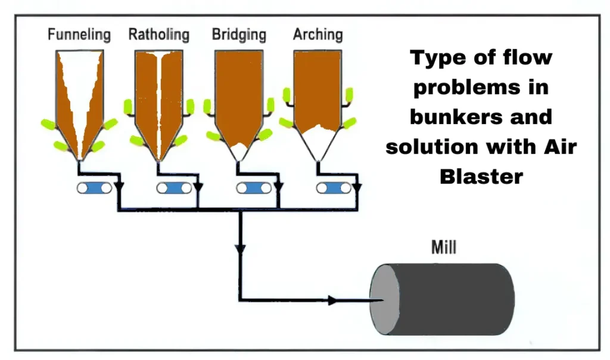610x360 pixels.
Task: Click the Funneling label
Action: click(x=79, y=35)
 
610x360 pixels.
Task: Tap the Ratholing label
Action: click(x=158, y=35)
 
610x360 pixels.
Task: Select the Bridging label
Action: click(x=239, y=35)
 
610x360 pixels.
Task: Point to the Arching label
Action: click(x=318, y=35)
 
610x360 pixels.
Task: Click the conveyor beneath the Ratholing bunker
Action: click(x=175, y=188)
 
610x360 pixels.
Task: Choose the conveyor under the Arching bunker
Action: click(x=334, y=188)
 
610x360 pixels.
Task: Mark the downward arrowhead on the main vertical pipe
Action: click(x=241, y=247)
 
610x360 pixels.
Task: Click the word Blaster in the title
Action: click(x=481, y=176)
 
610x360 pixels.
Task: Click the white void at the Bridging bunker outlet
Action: click(x=239, y=149)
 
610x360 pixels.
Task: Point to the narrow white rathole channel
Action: click(x=159, y=101)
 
